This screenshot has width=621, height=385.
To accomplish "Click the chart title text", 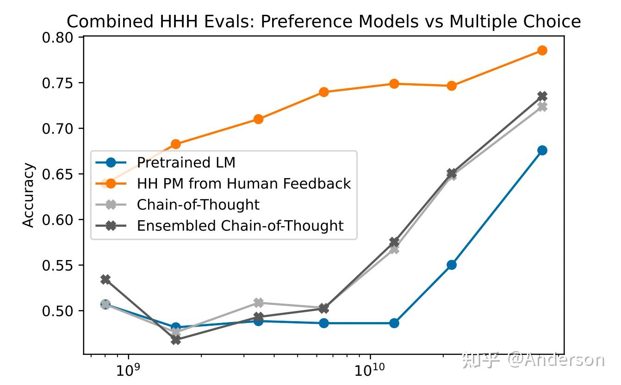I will point(323,22).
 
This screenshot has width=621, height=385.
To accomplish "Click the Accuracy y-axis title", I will point(29,195).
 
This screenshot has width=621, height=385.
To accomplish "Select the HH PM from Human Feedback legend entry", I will point(243,184).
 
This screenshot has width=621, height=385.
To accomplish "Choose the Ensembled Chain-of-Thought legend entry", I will point(240,226).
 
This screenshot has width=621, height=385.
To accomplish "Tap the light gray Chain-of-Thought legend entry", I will point(198,205).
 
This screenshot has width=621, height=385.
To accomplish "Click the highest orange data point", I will point(542,50).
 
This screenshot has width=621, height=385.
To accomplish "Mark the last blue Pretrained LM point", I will point(542,150).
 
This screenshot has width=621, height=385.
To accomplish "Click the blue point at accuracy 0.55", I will point(452,265).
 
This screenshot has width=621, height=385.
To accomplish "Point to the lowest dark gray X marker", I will point(176,340).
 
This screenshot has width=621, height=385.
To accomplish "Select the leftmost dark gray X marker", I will point(106,279).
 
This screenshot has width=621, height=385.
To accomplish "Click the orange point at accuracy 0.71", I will point(259,119).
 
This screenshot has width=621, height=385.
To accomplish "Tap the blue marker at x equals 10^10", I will point(394,323).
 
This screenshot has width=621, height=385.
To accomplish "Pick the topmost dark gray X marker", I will point(542,96).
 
